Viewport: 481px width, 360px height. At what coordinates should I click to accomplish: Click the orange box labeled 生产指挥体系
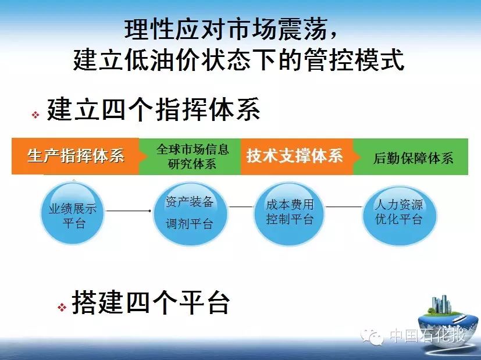click(76, 156)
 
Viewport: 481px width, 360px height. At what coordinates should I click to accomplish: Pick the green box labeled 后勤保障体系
click(411, 156)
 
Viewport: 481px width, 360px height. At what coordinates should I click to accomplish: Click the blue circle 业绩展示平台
click(73, 213)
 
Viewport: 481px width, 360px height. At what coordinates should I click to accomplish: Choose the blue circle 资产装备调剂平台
click(190, 213)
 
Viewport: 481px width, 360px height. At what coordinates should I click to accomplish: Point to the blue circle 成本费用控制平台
click(289, 212)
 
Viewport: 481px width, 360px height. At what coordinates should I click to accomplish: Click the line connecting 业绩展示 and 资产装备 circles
click(128, 211)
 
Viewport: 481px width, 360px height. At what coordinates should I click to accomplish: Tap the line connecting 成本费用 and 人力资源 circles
click(343, 206)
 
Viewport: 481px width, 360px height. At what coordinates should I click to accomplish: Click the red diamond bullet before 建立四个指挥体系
click(35, 115)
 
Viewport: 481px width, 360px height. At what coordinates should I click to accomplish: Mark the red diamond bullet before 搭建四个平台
click(62, 307)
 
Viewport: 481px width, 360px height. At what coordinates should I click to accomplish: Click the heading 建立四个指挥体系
click(154, 109)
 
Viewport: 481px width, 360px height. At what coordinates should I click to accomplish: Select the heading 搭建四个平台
click(151, 302)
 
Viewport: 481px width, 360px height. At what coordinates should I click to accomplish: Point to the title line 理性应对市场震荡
click(231, 30)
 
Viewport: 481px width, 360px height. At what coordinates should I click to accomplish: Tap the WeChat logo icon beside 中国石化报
click(372, 336)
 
